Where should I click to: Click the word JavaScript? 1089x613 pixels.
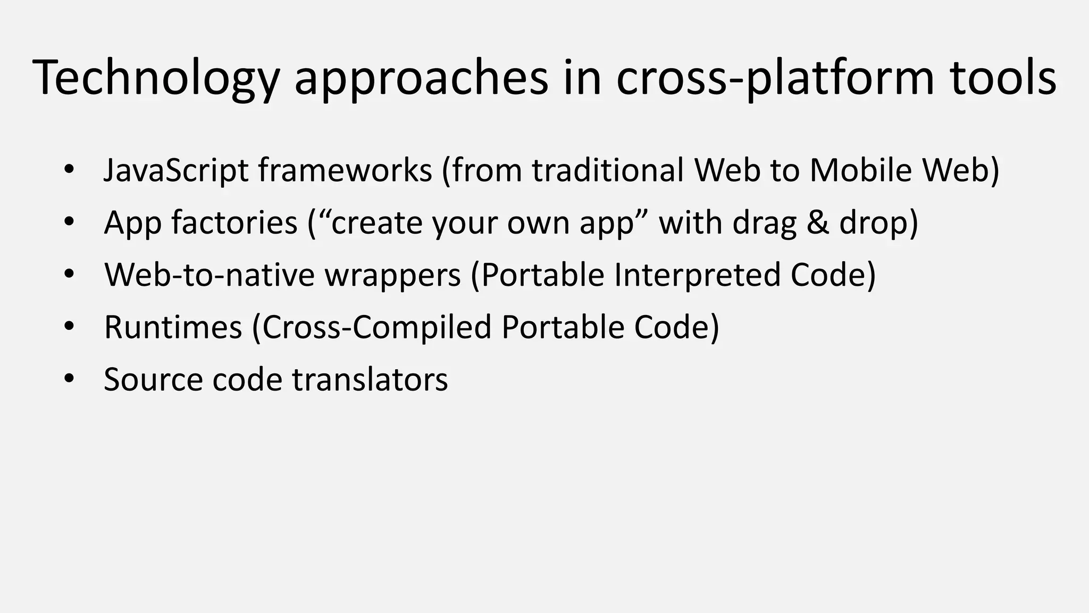[176, 170]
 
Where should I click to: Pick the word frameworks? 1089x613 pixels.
[345, 170]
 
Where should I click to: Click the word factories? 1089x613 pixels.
[234, 222]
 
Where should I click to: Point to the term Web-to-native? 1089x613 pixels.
[210, 275]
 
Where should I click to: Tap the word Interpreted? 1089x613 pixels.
[697, 275]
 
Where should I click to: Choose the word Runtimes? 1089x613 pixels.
[173, 327]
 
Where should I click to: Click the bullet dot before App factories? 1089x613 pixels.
[69, 222]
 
